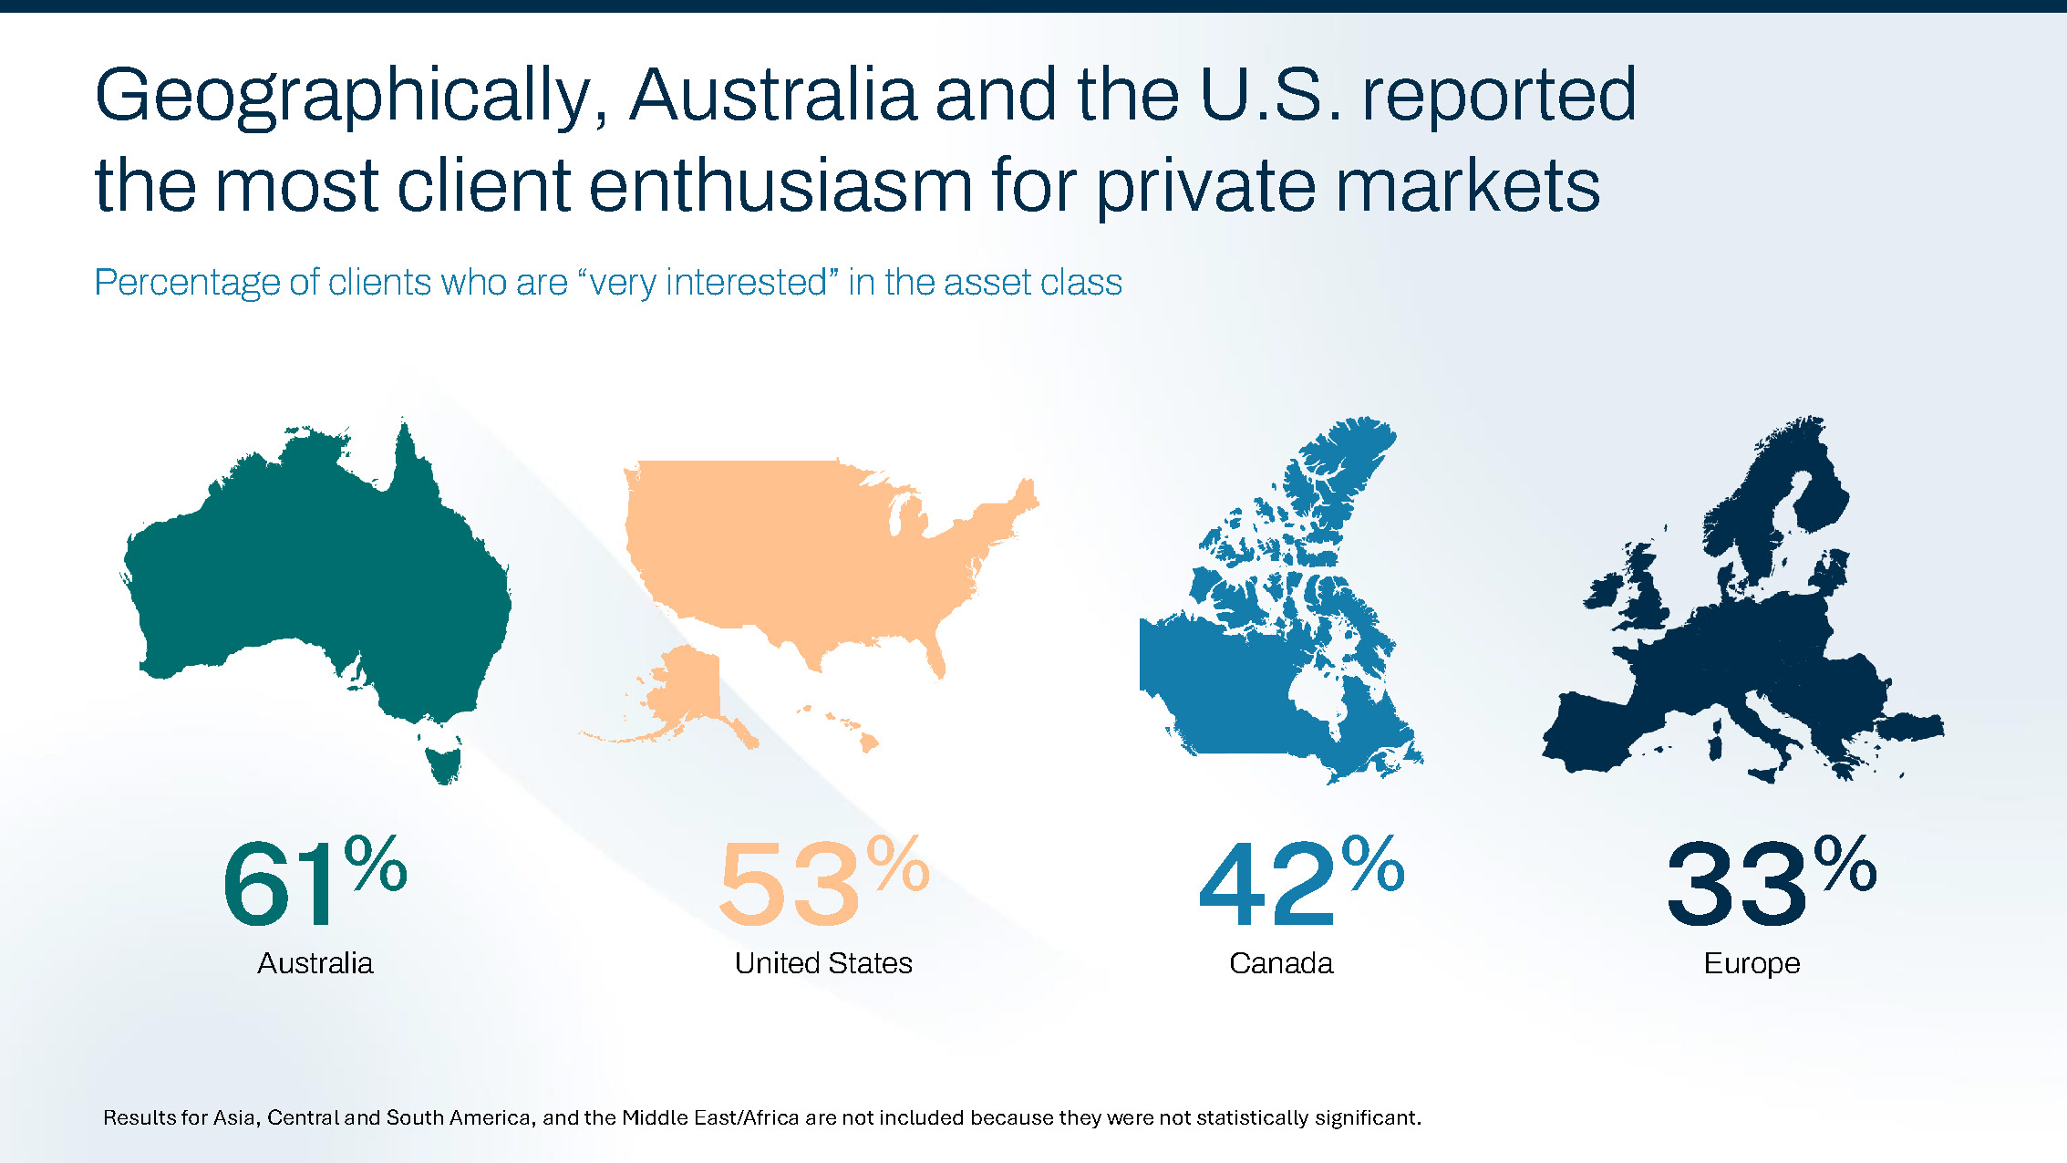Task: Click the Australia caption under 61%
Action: tap(315, 963)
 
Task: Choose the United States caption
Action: tap(823, 963)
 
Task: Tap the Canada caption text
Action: tap(1281, 963)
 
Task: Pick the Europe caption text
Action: tap(1752, 963)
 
